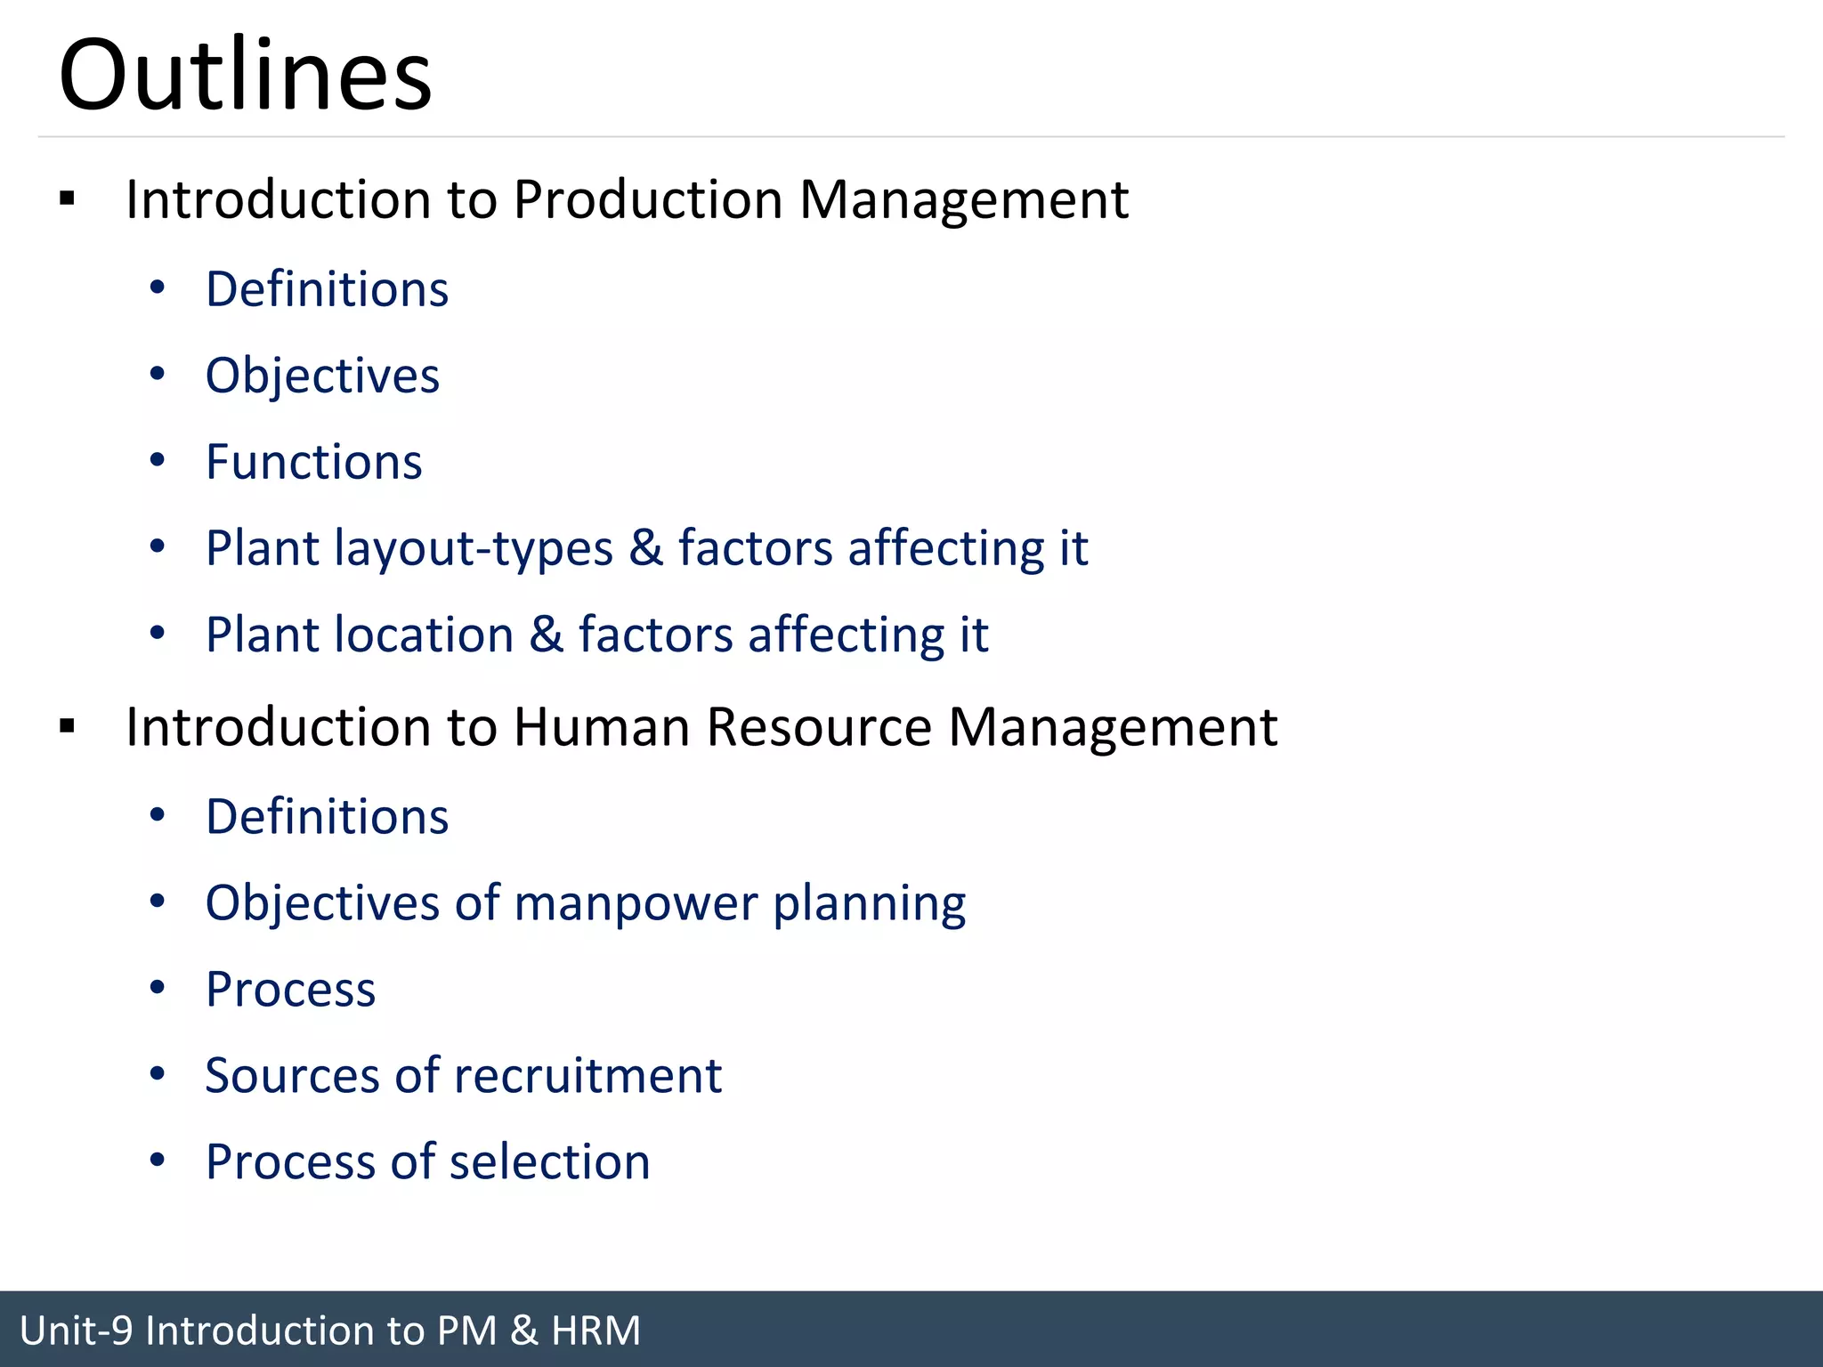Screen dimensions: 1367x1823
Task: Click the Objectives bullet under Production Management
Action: (322, 376)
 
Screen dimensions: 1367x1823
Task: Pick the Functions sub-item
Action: (313, 462)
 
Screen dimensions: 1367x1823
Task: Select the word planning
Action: (869, 904)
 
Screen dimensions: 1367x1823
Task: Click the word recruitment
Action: (587, 1075)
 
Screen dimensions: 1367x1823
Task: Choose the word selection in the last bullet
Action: (549, 1161)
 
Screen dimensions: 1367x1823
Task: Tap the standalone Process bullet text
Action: (290, 989)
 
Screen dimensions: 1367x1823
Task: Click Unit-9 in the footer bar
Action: (76, 1331)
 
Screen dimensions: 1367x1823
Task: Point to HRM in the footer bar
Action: (596, 1331)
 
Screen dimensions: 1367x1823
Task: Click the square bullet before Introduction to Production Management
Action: (68, 198)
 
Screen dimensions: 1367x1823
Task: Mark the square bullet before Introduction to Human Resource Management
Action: (68, 726)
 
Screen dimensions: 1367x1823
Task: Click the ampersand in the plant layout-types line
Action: (645, 547)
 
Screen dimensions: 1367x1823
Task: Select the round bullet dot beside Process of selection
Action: (158, 1160)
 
